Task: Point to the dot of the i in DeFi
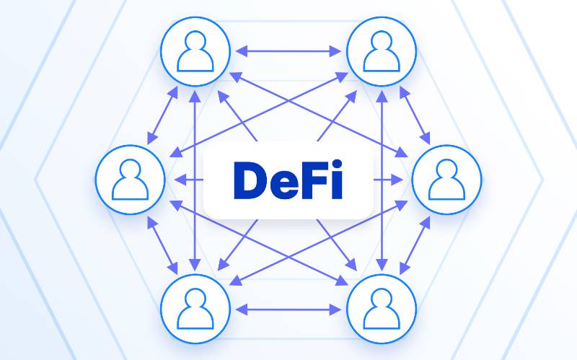(337, 164)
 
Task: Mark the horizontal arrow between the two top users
(288, 51)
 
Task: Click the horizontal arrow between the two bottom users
(288, 309)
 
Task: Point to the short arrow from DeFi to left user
(189, 180)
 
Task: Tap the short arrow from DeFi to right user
(388, 180)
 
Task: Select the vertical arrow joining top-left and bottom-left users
(195, 181)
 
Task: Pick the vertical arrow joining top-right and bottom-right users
(382, 181)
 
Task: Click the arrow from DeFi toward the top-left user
(237, 115)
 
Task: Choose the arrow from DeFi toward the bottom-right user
(337, 245)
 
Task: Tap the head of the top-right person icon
(382, 40)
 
